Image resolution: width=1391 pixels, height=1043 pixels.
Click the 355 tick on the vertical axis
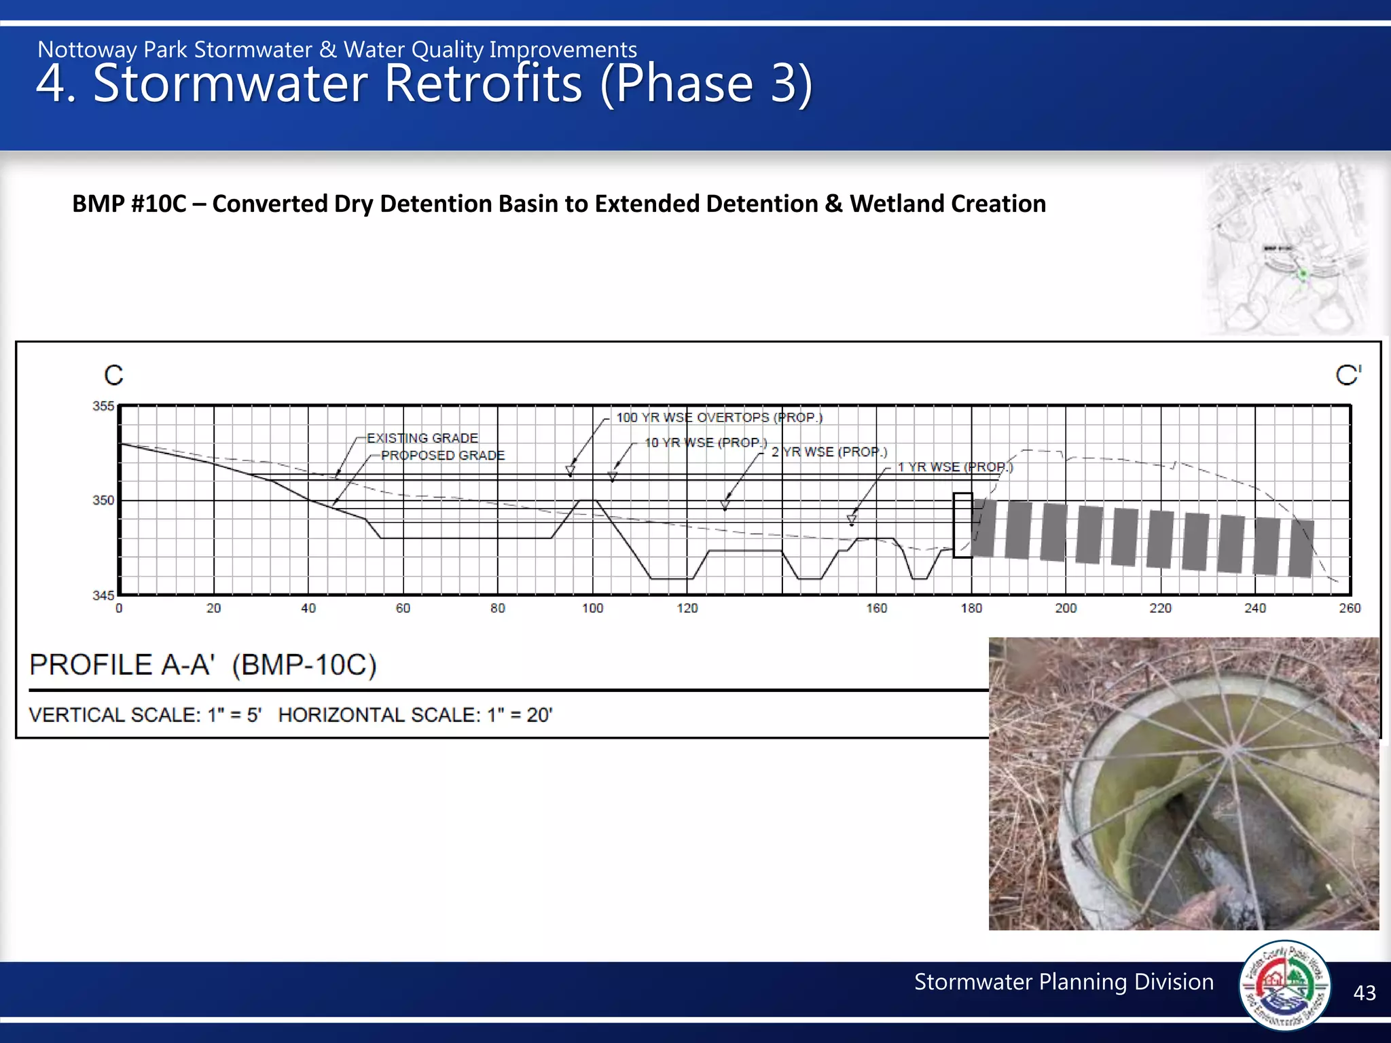[x=103, y=406]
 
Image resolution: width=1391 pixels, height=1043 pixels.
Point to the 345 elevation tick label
[x=103, y=596]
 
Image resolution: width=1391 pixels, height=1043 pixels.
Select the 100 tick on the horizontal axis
[x=592, y=608]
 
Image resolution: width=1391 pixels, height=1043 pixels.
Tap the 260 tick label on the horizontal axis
[x=1350, y=608]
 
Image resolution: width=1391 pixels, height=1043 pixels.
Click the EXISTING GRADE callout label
[x=422, y=438]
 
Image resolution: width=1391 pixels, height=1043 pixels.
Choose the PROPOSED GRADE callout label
[x=443, y=455]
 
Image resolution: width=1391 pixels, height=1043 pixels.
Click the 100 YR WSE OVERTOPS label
[x=719, y=418]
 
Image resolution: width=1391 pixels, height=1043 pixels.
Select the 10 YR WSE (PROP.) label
[x=706, y=443]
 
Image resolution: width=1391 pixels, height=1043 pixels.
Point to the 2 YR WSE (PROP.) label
[x=829, y=452]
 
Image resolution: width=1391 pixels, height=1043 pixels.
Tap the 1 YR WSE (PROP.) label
[x=955, y=467]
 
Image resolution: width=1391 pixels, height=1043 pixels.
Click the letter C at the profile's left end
[x=113, y=376]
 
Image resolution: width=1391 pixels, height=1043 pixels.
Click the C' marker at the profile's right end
[x=1348, y=376]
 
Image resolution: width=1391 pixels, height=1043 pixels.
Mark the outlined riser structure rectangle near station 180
[x=962, y=526]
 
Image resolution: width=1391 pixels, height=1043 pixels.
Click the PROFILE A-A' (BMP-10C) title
[x=202, y=665]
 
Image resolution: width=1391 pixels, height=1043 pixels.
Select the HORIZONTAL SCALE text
[x=416, y=715]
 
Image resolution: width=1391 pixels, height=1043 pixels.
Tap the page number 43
[x=1364, y=993]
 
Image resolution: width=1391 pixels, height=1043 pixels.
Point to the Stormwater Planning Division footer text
[x=1064, y=982]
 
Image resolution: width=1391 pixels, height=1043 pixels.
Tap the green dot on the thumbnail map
[x=1303, y=274]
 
